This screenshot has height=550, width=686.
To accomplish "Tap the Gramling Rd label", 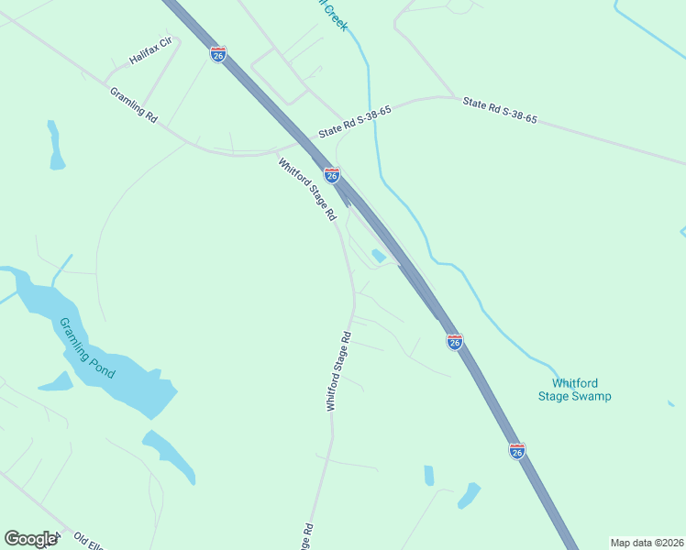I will click(134, 105).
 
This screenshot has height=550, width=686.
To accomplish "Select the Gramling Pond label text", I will click(87, 348).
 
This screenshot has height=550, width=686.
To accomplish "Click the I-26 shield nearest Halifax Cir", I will click(217, 54).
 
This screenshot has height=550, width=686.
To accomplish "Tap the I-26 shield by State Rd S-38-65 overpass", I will click(332, 174).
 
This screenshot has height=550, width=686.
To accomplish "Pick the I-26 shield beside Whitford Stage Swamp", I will click(455, 342).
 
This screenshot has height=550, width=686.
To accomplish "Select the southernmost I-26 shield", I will click(517, 450).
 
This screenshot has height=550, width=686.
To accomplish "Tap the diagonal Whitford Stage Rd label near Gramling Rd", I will click(307, 190).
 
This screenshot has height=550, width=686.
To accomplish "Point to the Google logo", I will click(30, 539).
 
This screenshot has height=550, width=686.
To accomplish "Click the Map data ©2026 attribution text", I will click(646, 543).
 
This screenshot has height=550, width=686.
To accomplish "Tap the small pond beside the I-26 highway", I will click(378, 256).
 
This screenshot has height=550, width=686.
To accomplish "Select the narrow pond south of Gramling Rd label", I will click(55, 147).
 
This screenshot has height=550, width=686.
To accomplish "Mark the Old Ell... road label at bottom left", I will click(90, 541).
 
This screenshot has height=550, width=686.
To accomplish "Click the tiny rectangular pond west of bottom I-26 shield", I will click(428, 475).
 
